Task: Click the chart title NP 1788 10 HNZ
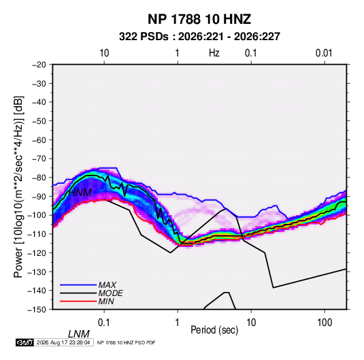click(x=199, y=19)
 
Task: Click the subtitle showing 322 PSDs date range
click(x=199, y=37)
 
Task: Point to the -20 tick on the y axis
click(x=39, y=65)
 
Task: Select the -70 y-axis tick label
click(x=39, y=159)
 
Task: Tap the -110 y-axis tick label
click(x=37, y=234)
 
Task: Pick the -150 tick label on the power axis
click(x=37, y=310)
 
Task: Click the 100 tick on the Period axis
click(x=325, y=323)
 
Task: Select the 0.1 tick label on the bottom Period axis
click(x=104, y=323)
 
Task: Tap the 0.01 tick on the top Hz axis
click(x=324, y=53)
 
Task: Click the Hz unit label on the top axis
click(x=214, y=53)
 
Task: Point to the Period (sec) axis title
click(x=214, y=330)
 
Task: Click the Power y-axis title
click(x=18, y=187)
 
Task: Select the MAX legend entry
click(x=107, y=284)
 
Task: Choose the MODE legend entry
click(x=110, y=293)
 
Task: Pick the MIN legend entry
click(x=106, y=301)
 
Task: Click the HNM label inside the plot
click(x=80, y=193)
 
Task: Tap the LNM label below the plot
click(x=79, y=334)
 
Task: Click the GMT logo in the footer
click(x=25, y=342)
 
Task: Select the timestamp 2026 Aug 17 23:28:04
click(x=63, y=342)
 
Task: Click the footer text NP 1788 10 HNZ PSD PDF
click(x=126, y=342)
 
